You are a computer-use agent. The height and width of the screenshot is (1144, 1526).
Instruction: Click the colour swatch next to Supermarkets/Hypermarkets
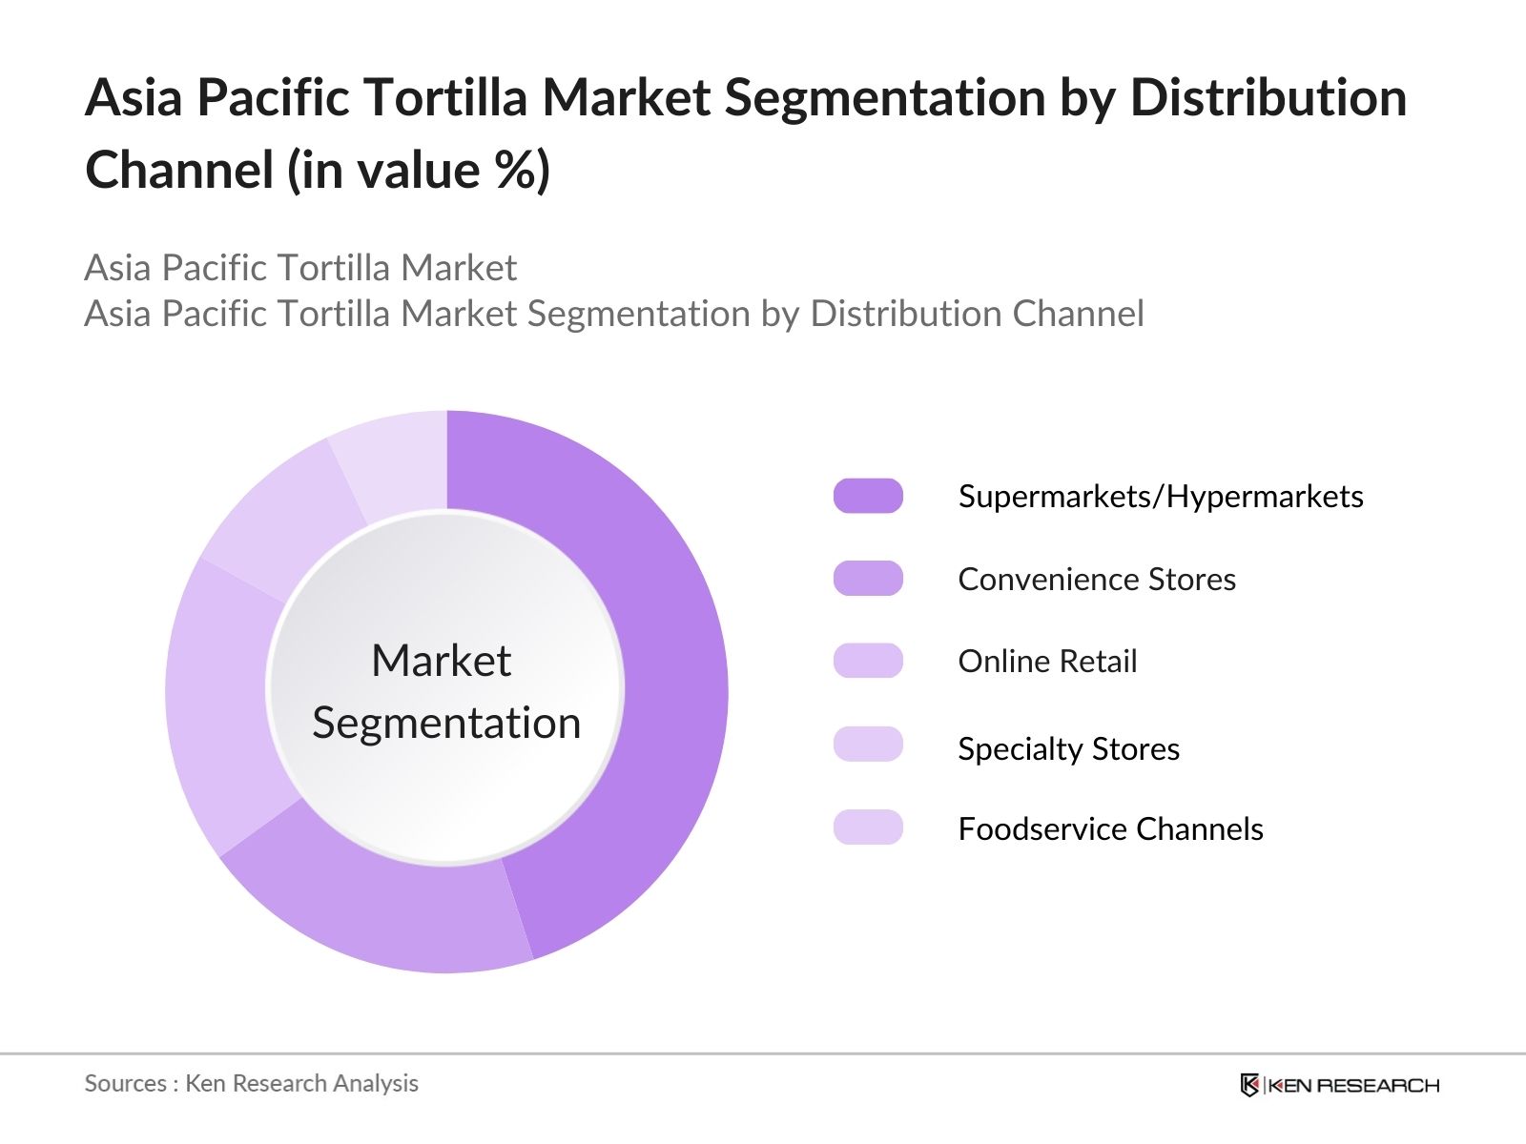point(868,496)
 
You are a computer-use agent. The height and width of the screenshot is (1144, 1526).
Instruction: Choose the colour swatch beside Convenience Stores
point(868,579)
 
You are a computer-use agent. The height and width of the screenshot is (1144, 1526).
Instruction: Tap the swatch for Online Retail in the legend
point(868,661)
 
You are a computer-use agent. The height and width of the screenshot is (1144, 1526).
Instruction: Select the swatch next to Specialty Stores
point(868,745)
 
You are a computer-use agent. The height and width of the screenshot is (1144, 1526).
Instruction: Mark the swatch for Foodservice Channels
point(868,827)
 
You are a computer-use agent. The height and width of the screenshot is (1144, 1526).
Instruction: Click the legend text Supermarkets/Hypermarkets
point(1161,497)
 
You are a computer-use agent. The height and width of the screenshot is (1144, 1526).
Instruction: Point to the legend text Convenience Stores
point(1097,580)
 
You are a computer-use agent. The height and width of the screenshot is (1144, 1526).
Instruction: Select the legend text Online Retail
point(1047,662)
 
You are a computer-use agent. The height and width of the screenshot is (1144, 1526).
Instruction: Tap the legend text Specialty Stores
point(1068,749)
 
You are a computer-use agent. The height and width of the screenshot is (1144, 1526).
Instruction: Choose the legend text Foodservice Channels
point(1110,829)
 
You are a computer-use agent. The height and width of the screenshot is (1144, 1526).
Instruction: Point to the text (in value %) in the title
point(420,171)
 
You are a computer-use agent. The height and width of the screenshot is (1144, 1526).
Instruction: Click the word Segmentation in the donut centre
point(446,723)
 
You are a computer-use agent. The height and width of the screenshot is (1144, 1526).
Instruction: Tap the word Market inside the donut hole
point(441,661)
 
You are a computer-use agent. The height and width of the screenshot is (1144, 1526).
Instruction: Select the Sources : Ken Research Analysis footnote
point(251,1084)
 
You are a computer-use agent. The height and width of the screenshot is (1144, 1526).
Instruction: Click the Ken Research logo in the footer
point(1339,1085)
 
